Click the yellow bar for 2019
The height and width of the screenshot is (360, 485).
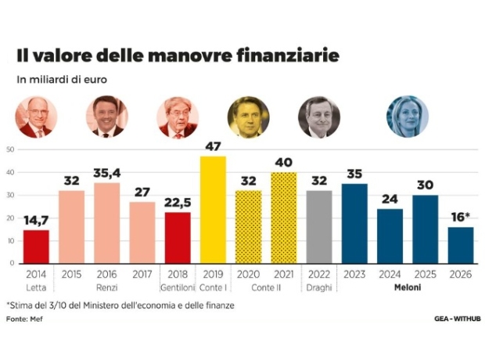213,210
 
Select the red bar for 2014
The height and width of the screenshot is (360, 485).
36,247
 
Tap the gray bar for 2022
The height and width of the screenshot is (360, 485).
318,227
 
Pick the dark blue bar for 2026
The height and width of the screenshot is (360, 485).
461,245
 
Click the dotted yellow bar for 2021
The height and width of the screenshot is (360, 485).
284,218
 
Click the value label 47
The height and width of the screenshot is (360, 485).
213,146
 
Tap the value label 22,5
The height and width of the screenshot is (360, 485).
178,203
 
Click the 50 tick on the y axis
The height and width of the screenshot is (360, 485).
9,149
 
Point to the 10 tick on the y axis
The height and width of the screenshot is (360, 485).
9,240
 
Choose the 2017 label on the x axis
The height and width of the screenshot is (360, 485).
142,275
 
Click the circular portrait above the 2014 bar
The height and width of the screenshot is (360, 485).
36,117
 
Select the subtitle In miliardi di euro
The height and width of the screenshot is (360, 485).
62,80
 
